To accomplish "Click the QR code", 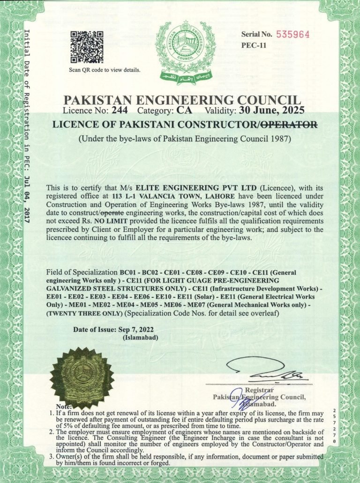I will click(86, 47).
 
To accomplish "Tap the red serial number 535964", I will click(294, 34).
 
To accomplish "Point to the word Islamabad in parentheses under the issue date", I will click(140, 337).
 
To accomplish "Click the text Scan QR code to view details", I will click(104, 70).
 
